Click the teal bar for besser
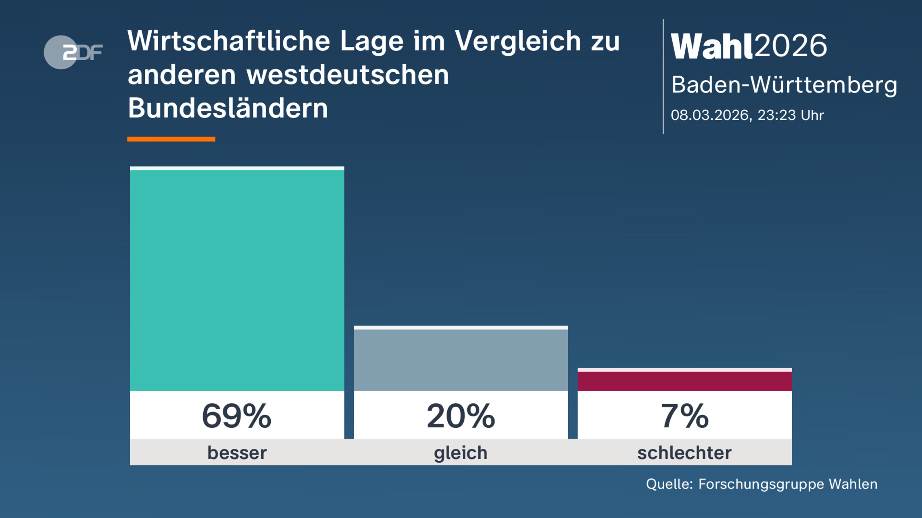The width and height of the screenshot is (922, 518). tap(237, 280)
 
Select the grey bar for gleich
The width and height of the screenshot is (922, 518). tap(461, 360)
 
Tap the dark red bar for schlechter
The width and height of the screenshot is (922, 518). tap(685, 381)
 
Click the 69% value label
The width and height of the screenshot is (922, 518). tap(237, 416)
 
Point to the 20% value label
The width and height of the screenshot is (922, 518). tap(461, 416)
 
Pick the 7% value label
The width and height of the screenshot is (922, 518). tap(685, 416)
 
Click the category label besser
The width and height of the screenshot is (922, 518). tap(237, 453)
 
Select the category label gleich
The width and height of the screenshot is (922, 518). tap(461, 453)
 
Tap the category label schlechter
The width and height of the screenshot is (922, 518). tap(685, 453)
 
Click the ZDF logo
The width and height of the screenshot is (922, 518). tap(73, 52)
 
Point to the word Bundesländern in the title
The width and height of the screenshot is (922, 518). tap(228, 108)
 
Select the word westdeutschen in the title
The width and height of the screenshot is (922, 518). tap(348, 74)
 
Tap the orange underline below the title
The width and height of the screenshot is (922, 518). tap(171, 139)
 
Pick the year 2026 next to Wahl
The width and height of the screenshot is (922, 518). tap(791, 46)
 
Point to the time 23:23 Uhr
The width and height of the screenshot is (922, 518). tap(791, 115)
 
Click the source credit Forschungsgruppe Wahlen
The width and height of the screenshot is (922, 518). tap(788, 484)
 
